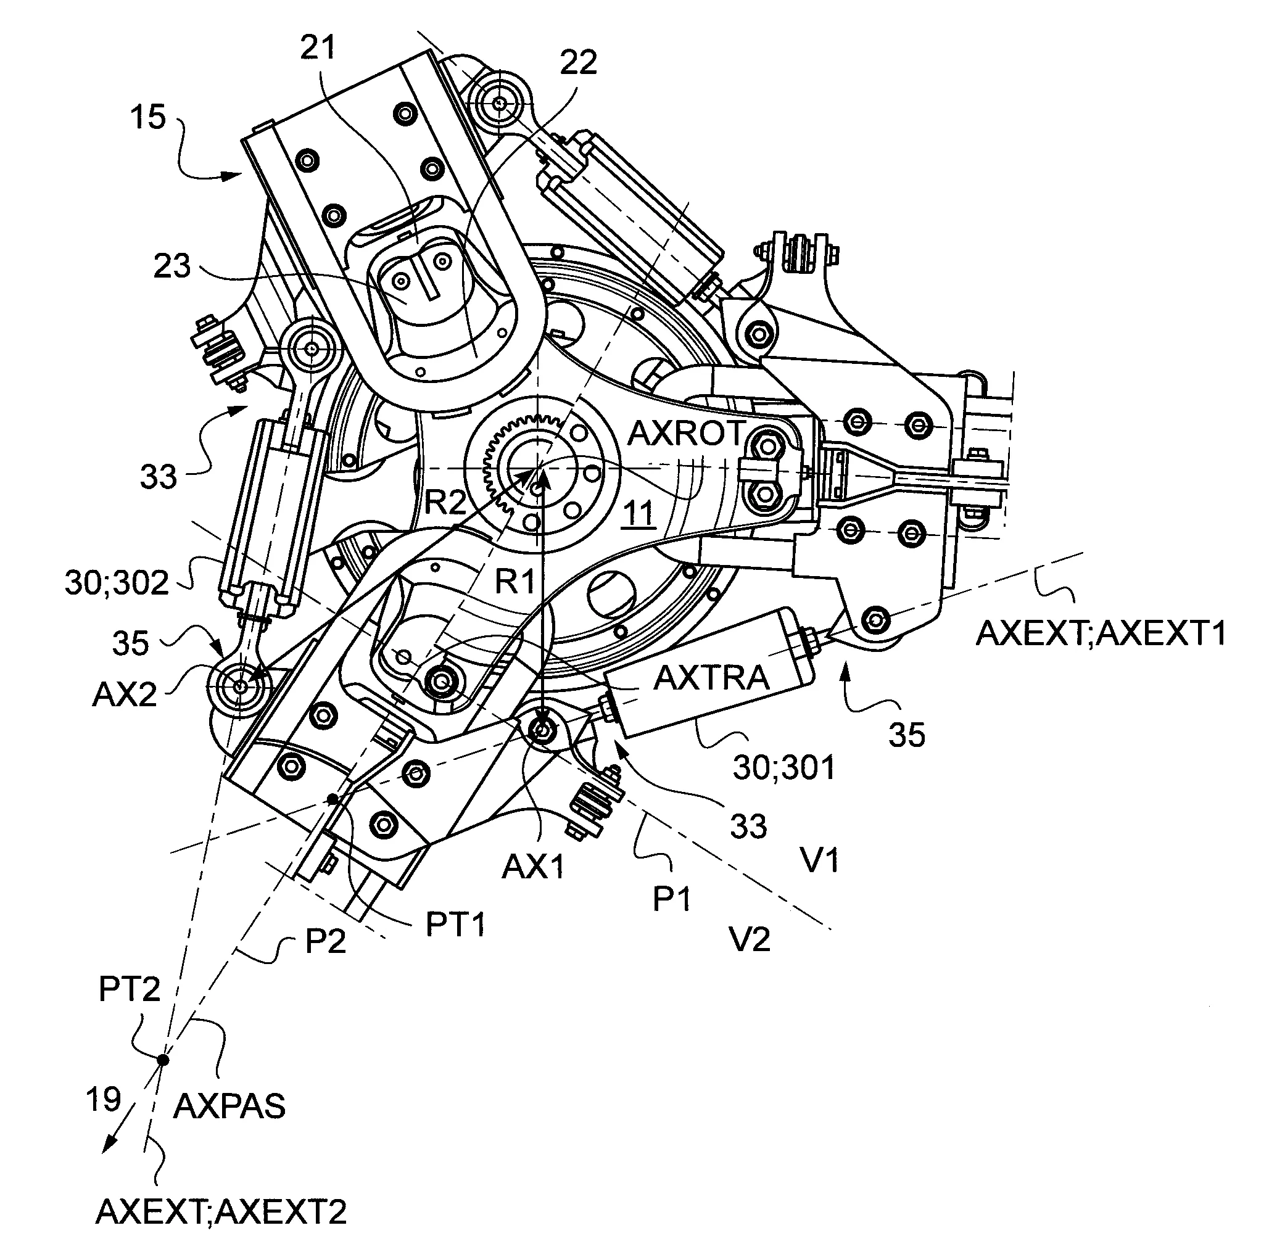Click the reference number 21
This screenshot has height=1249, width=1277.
point(318,47)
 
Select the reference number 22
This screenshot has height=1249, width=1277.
point(578,62)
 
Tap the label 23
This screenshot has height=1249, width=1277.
point(172,266)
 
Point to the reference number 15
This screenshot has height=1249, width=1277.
point(147,117)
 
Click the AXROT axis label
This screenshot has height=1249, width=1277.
point(686,433)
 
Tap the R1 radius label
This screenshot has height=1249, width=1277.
point(515,581)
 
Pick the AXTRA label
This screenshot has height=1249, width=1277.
point(711,678)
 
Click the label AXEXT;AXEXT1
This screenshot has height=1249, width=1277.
point(1101,633)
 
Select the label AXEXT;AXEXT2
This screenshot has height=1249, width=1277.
point(221,1211)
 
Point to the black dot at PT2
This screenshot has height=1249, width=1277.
point(163,1059)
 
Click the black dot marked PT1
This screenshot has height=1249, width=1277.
point(334,799)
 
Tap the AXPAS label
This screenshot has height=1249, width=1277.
point(229,1107)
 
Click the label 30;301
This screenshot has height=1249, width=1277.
point(784,767)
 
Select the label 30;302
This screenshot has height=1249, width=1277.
point(117,582)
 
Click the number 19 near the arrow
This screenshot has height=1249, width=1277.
point(103,1099)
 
